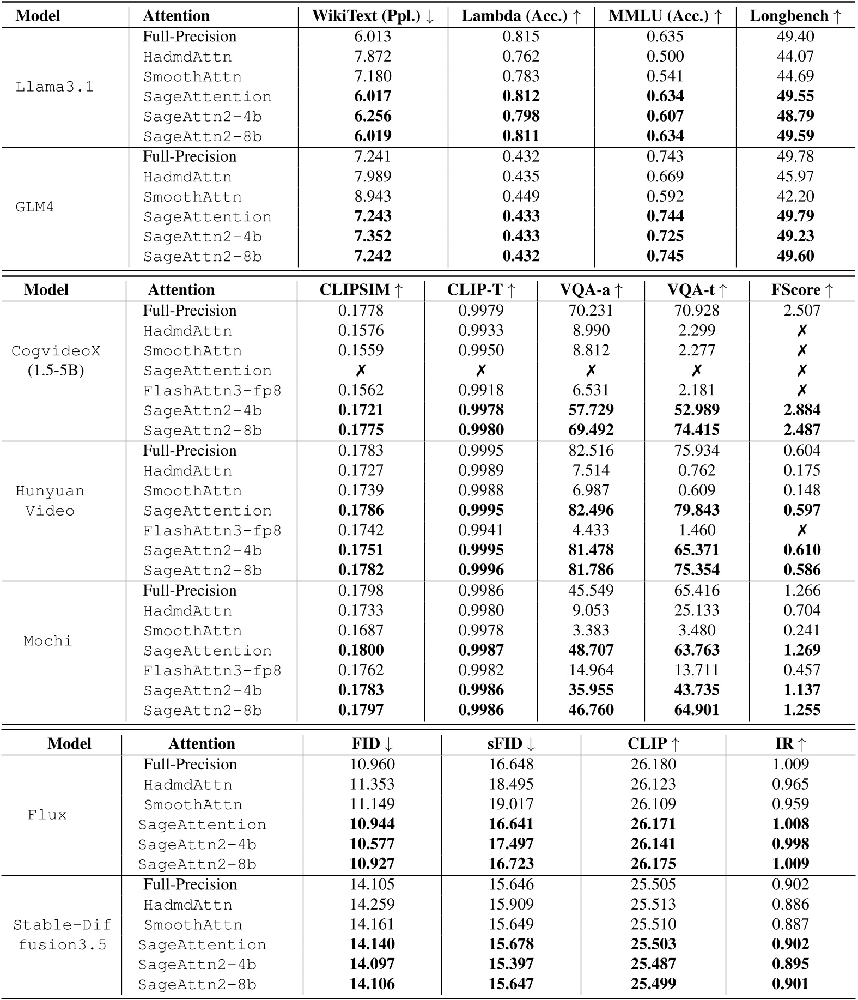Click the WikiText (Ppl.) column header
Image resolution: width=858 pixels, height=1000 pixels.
tap(373, 16)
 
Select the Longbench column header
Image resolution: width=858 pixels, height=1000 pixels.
tap(795, 16)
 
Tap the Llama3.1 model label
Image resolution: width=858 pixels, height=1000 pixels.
tap(54, 87)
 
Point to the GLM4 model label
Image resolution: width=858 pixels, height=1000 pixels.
tap(35, 207)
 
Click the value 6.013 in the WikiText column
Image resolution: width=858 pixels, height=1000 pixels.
tap(373, 37)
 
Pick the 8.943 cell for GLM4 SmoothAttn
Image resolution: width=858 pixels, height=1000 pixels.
tap(373, 196)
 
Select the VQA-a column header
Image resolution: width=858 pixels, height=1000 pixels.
tap(591, 290)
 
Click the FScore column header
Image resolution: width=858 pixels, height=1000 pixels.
tap(802, 290)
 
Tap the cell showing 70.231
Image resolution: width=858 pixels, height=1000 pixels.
tap(591, 311)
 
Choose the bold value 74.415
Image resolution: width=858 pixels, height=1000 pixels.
tap(697, 430)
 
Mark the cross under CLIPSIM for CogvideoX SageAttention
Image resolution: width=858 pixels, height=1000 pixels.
tap(361, 371)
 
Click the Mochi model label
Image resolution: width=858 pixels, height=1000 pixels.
tap(48, 641)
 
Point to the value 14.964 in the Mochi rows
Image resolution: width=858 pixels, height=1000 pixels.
tap(591, 670)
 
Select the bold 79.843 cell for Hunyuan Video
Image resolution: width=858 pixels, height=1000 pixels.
tap(697, 510)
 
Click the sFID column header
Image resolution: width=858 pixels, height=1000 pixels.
tap(511, 744)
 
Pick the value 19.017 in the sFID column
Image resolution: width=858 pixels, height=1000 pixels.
tap(511, 804)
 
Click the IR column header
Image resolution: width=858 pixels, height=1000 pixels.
tap(790, 744)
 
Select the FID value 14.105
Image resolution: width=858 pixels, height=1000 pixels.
tap(372, 884)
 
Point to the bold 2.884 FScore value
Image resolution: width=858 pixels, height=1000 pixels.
tap(802, 410)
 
